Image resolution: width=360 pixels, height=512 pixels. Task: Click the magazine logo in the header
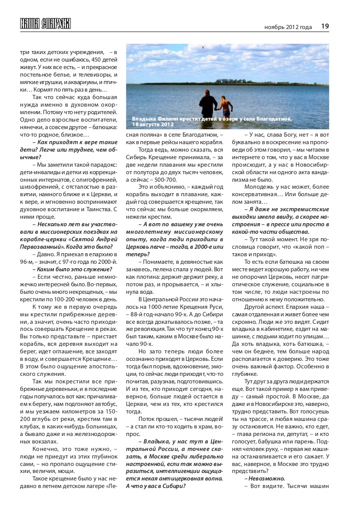click(45, 23)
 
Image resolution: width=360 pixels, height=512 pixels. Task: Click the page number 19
click(324, 26)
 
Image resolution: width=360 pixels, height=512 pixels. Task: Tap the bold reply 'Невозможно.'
click(264, 478)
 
